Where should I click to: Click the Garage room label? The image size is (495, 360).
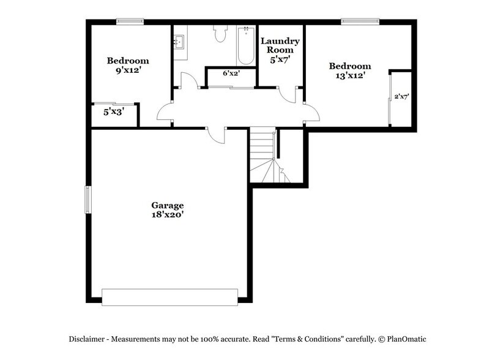[168, 205]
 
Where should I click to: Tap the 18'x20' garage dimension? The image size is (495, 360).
[168, 215]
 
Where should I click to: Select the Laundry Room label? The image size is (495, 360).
[280, 46]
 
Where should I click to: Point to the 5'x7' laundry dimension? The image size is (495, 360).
[280, 61]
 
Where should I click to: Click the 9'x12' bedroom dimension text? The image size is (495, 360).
[128, 70]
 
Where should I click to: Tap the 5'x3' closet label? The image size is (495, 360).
[114, 113]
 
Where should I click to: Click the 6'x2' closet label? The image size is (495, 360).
[231, 73]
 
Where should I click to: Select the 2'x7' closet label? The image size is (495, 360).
[401, 96]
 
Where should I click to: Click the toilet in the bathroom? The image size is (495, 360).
[220, 34]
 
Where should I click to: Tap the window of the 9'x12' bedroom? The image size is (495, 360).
[130, 22]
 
